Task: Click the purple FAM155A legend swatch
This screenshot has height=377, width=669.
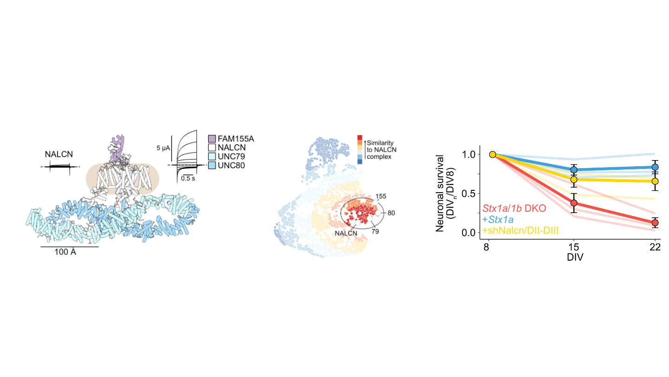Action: pyautogui.click(x=212, y=139)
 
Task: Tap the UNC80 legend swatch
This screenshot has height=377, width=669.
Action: pyautogui.click(x=212, y=165)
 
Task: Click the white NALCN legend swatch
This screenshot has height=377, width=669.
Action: pyautogui.click(x=212, y=148)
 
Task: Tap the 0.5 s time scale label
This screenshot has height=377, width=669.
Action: pyautogui.click(x=188, y=178)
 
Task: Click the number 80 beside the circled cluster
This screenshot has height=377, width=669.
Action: pyautogui.click(x=391, y=213)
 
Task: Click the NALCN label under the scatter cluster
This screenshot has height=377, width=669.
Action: pyautogui.click(x=345, y=228)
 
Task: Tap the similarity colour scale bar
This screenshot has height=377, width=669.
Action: pyautogui.click(x=360, y=149)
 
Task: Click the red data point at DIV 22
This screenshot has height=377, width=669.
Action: pyautogui.click(x=655, y=223)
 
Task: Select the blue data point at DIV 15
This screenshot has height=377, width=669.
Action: pyautogui.click(x=574, y=170)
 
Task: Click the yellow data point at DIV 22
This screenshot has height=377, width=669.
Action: pyautogui.click(x=655, y=181)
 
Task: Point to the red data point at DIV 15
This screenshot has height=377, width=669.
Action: pyautogui.click(x=574, y=203)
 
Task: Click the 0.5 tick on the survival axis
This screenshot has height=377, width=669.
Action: pyautogui.click(x=472, y=193)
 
